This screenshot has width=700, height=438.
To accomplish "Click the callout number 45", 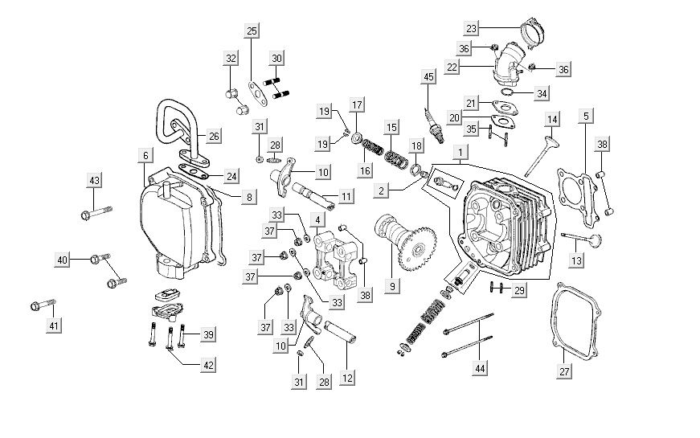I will point(428,76).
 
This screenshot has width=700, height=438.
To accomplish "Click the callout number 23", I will point(471,28).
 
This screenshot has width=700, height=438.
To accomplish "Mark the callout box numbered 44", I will point(481,368).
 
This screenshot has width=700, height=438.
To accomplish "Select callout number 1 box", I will point(461,152).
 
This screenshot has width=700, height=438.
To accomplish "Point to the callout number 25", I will point(252,31).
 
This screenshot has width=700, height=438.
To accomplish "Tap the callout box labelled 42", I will point(207,364).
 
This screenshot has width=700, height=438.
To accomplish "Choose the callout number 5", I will point(586,116).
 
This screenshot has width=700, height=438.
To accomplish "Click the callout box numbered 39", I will point(207,334).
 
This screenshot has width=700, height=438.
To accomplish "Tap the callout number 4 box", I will point(318,219).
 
